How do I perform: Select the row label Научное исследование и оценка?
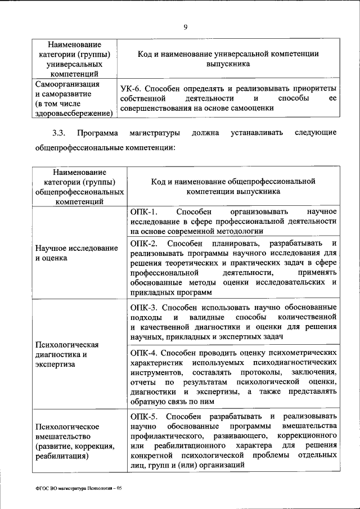pos(76,253)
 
